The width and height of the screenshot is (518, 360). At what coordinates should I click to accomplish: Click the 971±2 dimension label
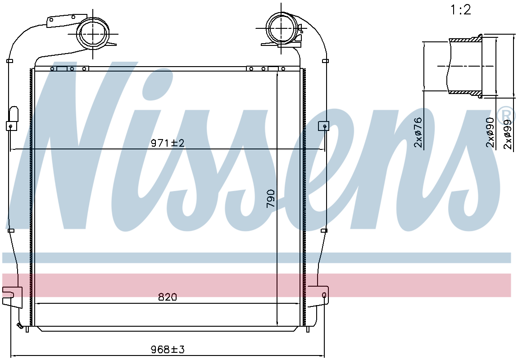click(168, 143)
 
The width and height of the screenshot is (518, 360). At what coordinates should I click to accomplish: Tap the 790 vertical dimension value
click(270, 198)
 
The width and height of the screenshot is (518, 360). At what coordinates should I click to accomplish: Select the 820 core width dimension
click(168, 297)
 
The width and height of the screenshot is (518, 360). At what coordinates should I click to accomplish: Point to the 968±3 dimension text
click(168, 349)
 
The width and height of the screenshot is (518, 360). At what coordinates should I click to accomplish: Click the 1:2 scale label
click(460, 10)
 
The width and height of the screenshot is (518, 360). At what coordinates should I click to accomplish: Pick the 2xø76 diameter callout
click(418, 132)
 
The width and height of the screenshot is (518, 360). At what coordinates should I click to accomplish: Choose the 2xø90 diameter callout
click(490, 132)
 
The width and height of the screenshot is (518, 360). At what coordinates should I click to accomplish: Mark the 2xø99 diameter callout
click(508, 134)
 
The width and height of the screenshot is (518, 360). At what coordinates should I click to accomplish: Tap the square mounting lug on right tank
click(323, 126)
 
